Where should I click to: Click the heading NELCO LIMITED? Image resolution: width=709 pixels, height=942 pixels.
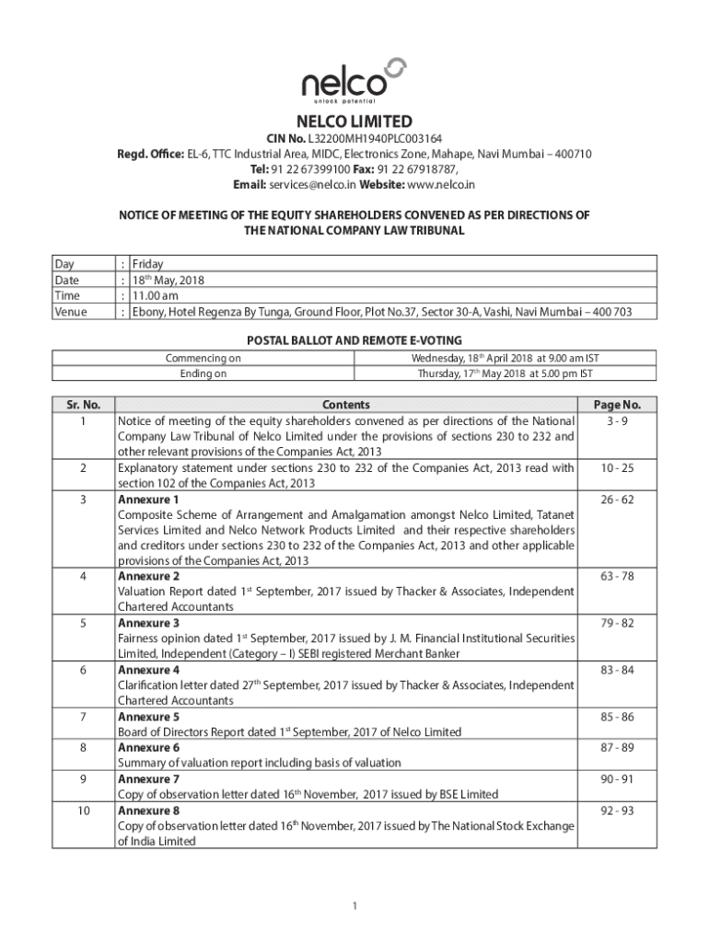point(354,121)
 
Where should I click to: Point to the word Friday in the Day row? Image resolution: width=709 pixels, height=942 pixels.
point(148,263)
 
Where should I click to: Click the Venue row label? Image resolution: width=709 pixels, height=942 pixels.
point(71,312)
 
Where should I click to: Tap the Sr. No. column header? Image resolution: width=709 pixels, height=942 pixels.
point(83,404)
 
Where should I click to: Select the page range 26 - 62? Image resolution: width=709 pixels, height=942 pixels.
point(617,500)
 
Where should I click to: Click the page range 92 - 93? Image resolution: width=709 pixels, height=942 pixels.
point(617,811)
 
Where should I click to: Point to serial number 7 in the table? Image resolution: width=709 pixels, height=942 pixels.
point(83,717)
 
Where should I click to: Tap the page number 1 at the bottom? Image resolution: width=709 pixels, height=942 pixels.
point(354,906)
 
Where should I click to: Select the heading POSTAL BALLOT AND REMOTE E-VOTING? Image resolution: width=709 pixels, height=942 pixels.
point(354,340)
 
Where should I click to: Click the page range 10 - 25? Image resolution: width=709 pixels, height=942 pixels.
point(617,468)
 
